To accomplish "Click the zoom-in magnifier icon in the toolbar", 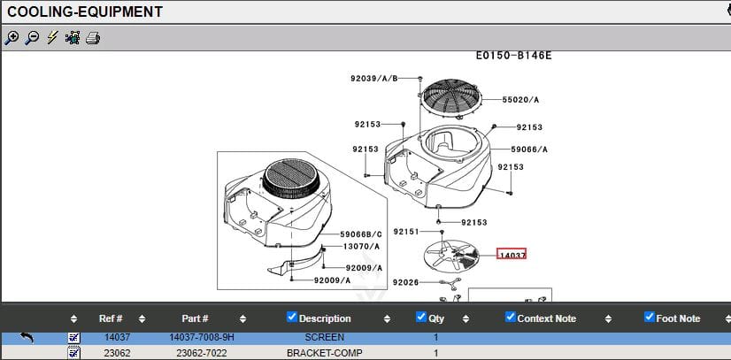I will point(12,37).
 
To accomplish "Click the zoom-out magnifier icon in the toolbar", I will point(32,37).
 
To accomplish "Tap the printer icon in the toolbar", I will point(93,37).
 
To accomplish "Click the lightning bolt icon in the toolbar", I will point(52,37).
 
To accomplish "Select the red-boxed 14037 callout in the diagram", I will point(512,255).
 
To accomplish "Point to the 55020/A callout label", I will point(520,100).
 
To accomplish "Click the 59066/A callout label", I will point(529,149).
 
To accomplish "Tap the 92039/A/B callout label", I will point(373,79).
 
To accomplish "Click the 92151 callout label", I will point(405,231).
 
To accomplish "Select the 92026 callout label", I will point(405,282).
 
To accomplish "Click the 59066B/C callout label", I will point(361,234).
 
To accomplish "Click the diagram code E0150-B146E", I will point(513,56).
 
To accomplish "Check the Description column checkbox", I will point(293,318).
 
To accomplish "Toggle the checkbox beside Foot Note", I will point(649,318).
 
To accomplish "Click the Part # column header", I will point(195,318).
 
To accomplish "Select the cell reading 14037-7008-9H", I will point(203,337).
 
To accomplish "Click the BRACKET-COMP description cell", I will point(324,353).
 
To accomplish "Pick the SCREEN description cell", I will point(324,337).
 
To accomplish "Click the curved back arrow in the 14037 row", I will point(27,337).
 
